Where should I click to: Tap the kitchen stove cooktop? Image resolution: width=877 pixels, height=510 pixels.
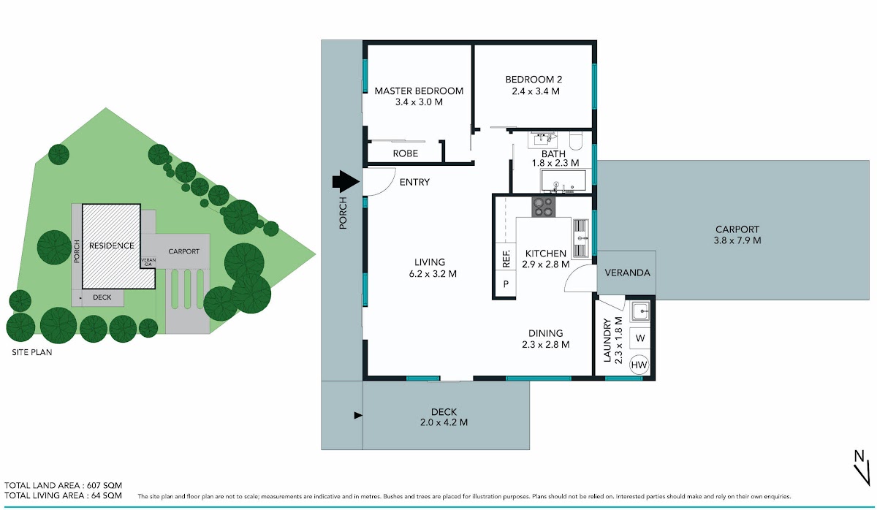[543, 207]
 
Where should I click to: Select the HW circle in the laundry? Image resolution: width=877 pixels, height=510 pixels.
[639, 365]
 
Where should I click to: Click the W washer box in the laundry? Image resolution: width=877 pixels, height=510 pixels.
[639, 338]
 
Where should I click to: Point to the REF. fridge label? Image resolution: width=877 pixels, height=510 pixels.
[506, 259]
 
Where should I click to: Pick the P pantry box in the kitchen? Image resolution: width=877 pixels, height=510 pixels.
[506, 284]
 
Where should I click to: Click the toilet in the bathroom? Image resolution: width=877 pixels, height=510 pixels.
[576, 141]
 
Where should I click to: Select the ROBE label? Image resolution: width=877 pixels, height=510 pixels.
[405, 153]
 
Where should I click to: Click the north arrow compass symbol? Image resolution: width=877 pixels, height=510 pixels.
[861, 473]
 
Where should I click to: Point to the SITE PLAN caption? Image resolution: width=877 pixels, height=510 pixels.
[31, 352]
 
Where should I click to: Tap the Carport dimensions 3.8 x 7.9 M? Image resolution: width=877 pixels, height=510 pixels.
[737, 240]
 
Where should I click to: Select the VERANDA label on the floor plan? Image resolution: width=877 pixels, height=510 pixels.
[627, 273]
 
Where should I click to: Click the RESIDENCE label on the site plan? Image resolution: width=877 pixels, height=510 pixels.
[112, 246]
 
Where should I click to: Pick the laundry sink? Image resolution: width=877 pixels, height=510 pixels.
[640, 311]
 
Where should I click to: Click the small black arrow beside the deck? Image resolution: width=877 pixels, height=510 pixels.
[358, 415]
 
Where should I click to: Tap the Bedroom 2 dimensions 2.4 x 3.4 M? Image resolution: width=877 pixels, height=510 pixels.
[536, 91]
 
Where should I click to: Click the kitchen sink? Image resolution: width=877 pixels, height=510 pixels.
[580, 238]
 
